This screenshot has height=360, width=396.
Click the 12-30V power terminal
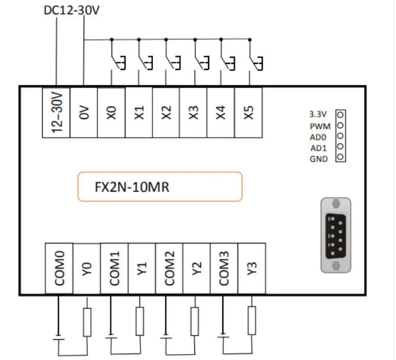pyautogui.click(x=56, y=112)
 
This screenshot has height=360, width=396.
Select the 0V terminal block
pyautogui.click(x=84, y=112)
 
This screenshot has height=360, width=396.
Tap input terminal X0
pyautogui.click(x=111, y=112)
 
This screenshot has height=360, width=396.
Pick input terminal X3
pyautogui.click(x=193, y=112)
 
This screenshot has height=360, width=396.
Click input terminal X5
pyautogui.click(x=248, y=112)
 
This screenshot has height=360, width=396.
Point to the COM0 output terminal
pyautogui.click(x=59, y=268)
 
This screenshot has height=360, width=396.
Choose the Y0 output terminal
pyautogui.click(x=87, y=268)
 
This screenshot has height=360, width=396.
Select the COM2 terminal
pyautogui.click(x=169, y=268)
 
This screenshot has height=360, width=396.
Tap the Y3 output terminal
pyautogui.click(x=251, y=268)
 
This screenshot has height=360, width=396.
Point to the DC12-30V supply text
pyautogui.click(x=72, y=11)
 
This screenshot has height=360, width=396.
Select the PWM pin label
pyautogui.click(x=320, y=126)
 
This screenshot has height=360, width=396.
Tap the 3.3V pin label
pyautogui.click(x=319, y=114)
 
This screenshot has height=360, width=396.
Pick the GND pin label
pyautogui.click(x=319, y=158)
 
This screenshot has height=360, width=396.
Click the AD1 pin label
pyautogui.click(x=319, y=147)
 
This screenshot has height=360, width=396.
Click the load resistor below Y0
pyautogui.click(x=87, y=320)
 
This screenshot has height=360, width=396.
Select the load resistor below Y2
pyautogui.click(x=194, y=320)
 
